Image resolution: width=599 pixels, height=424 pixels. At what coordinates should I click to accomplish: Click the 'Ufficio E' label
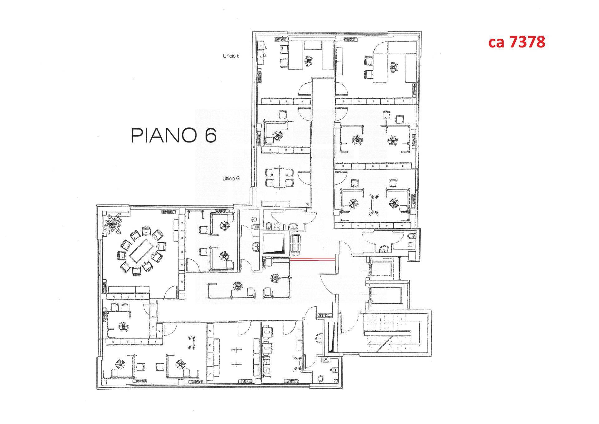click(x=231, y=56)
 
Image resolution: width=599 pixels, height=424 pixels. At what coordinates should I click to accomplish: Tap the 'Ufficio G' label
click(x=231, y=179)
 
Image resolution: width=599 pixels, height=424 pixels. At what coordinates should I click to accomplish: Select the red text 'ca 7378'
click(x=517, y=42)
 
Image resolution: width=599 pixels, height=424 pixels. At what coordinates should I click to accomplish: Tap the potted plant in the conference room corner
click(x=114, y=223)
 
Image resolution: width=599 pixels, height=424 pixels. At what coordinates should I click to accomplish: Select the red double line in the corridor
click(x=313, y=259)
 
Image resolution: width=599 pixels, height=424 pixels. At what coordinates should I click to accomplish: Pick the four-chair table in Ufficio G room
click(x=279, y=178)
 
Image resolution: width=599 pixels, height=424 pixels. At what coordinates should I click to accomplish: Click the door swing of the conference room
click(x=170, y=293)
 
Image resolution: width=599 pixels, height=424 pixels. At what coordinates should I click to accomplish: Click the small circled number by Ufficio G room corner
click(x=307, y=204)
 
